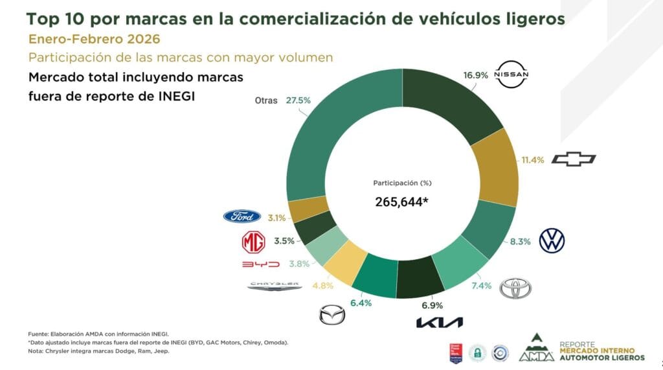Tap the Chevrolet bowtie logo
click(x=573, y=159)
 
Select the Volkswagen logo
click(x=552, y=240)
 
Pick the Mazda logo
click(x=333, y=316)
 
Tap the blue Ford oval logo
click(x=242, y=216)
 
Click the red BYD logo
click(x=260, y=264)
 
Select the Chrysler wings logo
click(x=275, y=284)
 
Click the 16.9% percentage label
click(x=476, y=75)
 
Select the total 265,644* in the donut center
click(x=401, y=202)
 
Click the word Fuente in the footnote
click(x=39, y=333)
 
